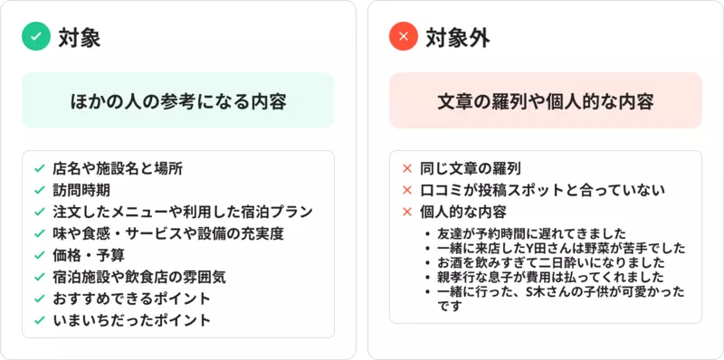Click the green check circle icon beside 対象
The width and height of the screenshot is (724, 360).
click(x=36, y=36)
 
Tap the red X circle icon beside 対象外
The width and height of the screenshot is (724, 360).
click(x=403, y=36)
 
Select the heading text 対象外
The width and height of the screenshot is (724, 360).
click(x=458, y=37)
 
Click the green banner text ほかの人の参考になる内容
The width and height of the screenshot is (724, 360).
click(x=178, y=101)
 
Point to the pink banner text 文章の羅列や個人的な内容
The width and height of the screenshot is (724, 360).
click(x=546, y=101)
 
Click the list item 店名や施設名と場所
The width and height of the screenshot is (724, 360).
click(x=118, y=168)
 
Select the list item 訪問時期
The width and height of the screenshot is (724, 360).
click(x=81, y=190)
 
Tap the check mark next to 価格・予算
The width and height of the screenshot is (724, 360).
click(x=39, y=255)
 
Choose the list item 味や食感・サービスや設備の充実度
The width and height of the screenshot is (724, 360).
click(x=168, y=233)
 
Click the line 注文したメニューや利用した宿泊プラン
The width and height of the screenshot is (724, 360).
click(x=183, y=212)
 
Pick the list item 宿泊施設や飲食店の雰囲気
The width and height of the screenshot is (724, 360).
click(x=139, y=277)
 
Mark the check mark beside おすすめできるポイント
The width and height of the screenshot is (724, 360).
click(x=39, y=298)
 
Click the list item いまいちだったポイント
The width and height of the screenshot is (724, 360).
click(x=131, y=320)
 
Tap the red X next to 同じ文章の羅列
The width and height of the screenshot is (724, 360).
click(x=406, y=168)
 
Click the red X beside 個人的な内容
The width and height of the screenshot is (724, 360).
click(x=406, y=212)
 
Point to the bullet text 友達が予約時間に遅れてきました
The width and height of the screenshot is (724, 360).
click(x=531, y=233)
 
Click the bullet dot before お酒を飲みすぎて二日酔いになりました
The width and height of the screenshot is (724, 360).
click(x=429, y=262)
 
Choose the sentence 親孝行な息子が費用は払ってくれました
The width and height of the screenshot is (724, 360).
click(x=550, y=278)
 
